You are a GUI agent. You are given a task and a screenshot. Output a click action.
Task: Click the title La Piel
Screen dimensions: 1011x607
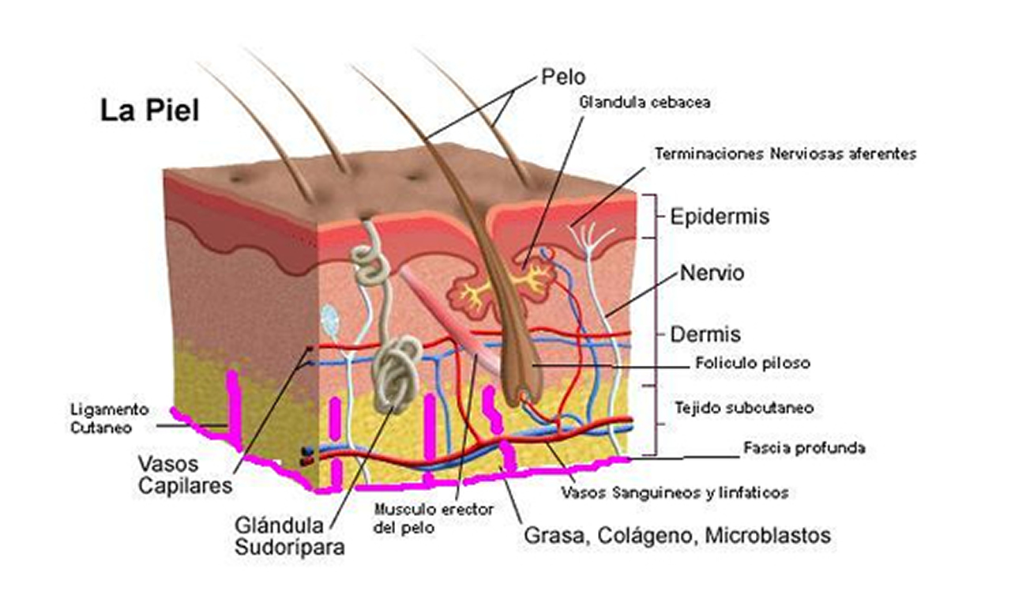pyautogui.click(x=149, y=111)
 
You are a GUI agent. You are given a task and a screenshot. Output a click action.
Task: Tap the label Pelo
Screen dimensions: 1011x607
pyautogui.click(x=563, y=77)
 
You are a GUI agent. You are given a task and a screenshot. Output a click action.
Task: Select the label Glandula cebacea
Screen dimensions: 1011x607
pyautogui.click(x=645, y=103)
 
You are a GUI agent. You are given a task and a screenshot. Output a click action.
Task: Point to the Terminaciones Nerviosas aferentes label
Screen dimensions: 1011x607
pyautogui.click(x=786, y=154)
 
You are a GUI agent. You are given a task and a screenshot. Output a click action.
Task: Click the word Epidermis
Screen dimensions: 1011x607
pyautogui.click(x=720, y=217)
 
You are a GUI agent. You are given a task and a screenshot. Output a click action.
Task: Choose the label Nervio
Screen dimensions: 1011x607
pyautogui.click(x=712, y=273)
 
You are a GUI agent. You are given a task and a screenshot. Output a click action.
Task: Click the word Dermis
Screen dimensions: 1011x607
pyautogui.click(x=705, y=334)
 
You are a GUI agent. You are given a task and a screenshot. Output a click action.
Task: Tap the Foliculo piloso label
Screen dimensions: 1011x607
pyautogui.click(x=753, y=363)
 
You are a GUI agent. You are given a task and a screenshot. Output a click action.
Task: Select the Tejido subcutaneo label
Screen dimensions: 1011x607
pyautogui.click(x=744, y=408)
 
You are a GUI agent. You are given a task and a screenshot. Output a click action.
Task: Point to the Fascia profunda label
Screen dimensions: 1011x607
pyautogui.click(x=804, y=448)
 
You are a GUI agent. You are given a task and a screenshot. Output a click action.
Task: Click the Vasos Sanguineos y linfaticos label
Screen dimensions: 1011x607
pyautogui.click(x=675, y=492)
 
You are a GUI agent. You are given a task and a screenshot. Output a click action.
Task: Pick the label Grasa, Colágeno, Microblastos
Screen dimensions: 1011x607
pyautogui.click(x=677, y=536)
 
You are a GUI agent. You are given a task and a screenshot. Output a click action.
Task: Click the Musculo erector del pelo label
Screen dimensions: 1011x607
pyautogui.click(x=434, y=519)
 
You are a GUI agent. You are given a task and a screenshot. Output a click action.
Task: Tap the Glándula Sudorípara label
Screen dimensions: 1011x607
pyautogui.click(x=290, y=537)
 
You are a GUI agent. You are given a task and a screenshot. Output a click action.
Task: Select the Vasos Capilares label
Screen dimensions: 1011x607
pyautogui.click(x=185, y=475)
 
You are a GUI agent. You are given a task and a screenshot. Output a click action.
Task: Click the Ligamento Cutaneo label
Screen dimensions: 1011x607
pyautogui.click(x=110, y=419)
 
